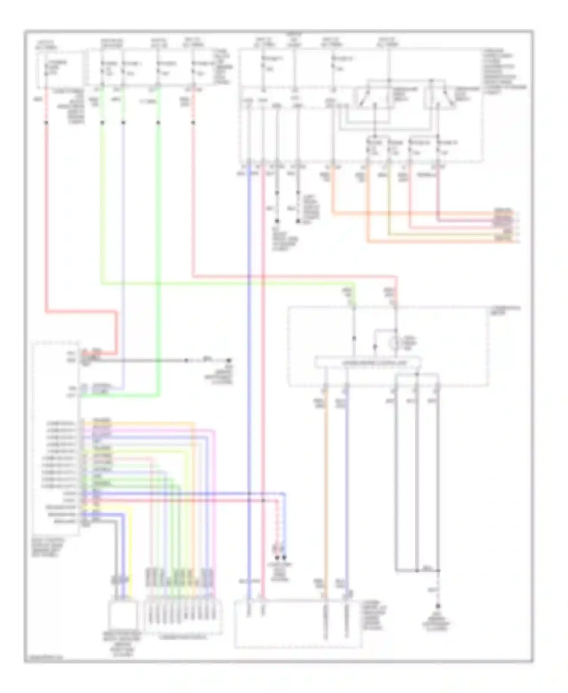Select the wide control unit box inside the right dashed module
coord(368,362)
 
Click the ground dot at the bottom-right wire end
coord(438,606)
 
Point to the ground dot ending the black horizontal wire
coord(229,360)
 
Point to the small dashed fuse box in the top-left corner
coord(59,68)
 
